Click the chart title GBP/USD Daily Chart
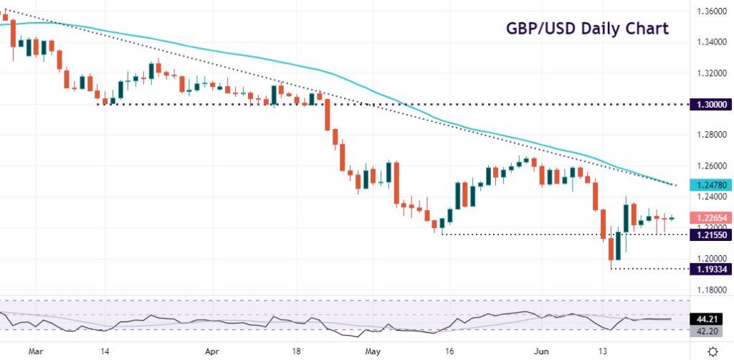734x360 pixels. point(587,29)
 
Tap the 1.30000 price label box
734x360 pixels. point(711,105)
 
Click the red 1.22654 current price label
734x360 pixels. point(711,217)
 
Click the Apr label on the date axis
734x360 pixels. point(211,352)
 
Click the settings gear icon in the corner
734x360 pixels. point(712,351)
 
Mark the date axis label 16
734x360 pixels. point(449,352)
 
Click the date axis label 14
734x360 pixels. point(105,352)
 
